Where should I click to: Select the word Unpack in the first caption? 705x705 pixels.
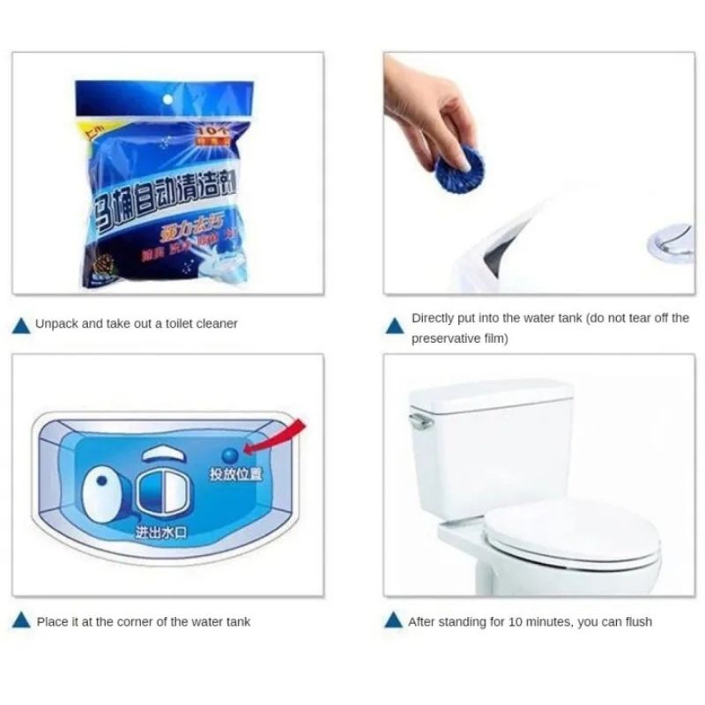tap(56, 323)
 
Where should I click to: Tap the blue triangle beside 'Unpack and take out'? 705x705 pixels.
tap(20, 324)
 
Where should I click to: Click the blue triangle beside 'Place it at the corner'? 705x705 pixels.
tap(20, 622)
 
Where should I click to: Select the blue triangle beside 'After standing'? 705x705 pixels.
tap(393, 622)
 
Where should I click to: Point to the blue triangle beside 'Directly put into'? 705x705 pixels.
tap(393, 327)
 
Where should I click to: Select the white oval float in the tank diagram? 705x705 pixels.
tap(103, 494)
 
